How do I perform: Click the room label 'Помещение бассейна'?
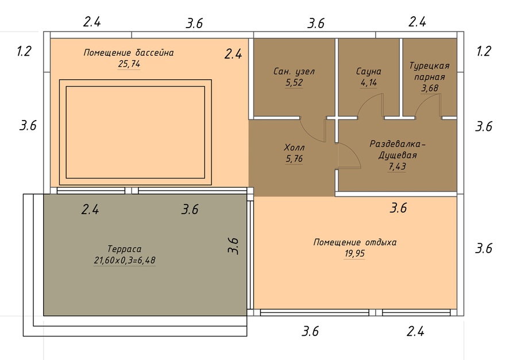129,52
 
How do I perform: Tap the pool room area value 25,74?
129,64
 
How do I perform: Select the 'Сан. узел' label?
294,72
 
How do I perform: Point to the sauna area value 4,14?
369,82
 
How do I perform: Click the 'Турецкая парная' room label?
429,71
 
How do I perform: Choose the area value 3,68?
430,88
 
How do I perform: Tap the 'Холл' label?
294,148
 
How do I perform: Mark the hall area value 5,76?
294,159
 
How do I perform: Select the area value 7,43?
398,167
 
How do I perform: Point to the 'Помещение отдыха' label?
355,242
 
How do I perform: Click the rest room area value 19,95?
355,254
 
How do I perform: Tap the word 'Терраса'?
124,249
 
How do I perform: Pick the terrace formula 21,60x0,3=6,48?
124,261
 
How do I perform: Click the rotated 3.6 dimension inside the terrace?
233,246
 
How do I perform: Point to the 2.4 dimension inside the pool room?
233,54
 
